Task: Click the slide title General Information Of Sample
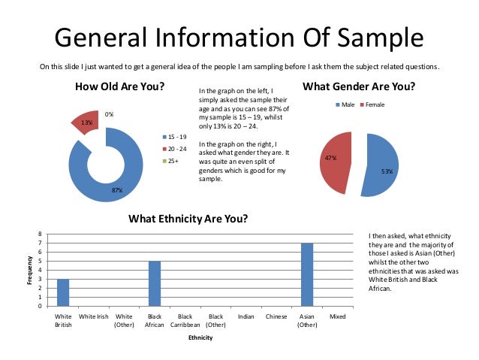239,38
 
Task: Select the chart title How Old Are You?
120,86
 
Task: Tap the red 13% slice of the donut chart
85,122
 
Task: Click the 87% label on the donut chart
117,191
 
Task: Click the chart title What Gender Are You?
359,86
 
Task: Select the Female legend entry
375,104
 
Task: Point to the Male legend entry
347,104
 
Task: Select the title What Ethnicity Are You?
188,219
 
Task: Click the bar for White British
64,292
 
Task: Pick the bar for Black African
155,283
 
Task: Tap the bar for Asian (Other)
306,274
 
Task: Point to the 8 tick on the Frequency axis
41,234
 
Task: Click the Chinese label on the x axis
276,317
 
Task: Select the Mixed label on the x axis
337,317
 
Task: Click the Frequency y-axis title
30,270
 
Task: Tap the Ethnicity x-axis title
200,338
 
